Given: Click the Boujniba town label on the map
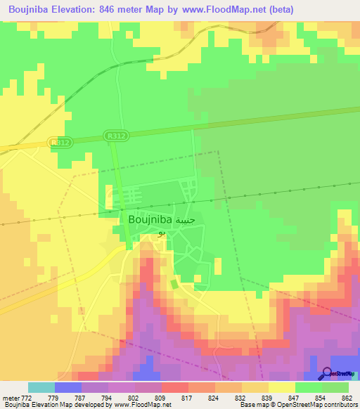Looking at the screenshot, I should tap(150, 219).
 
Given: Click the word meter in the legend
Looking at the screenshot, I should tap(11, 398).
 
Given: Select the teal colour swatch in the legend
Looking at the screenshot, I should tap(41, 387).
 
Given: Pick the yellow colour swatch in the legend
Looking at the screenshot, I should tap(282, 387).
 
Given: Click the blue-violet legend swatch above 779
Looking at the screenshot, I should tap(67, 387).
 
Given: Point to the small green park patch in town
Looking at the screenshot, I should tap(174, 284).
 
